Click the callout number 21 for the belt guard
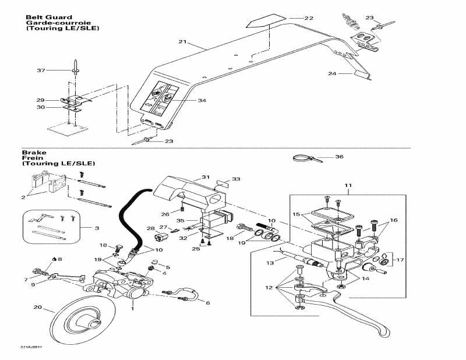pos(182,42)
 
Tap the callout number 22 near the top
pos(309,18)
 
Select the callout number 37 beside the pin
pos(40,70)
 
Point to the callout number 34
pos(202,101)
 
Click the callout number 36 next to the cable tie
pos(340,157)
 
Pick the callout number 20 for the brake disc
pos(37,308)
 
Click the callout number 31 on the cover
pos(205,177)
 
